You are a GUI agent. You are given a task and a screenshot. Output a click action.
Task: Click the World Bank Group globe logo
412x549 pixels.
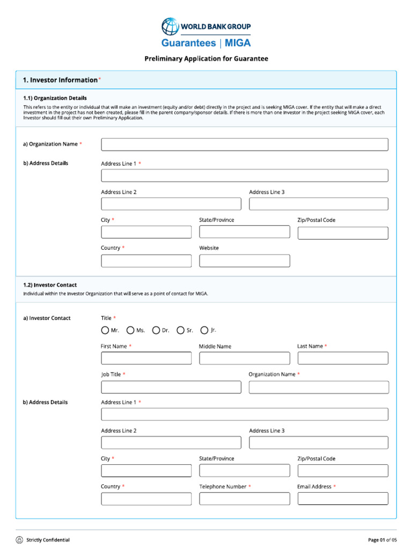point(171,26)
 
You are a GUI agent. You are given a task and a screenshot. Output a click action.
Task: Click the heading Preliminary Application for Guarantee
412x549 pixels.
point(206,58)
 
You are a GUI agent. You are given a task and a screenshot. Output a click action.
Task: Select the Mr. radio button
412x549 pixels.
point(105,330)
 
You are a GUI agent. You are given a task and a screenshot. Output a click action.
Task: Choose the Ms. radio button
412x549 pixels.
point(130,330)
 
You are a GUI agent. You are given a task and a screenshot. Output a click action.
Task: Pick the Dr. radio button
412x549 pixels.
point(156,330)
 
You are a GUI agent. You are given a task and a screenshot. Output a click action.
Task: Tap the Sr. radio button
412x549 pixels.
point(181,330)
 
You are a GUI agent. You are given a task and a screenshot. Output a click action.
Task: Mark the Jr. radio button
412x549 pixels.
point(204,330)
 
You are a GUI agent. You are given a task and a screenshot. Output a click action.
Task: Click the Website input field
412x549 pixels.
point(244,261)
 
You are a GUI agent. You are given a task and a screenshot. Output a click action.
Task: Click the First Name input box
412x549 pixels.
point(146,358)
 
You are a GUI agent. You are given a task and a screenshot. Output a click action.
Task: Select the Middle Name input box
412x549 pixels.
point(244,358)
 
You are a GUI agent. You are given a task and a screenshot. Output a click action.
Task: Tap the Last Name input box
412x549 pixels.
point(342,358)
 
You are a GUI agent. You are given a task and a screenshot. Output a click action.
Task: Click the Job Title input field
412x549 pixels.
point(171,387)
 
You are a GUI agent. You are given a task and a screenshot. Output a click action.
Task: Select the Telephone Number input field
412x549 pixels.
point(244,499)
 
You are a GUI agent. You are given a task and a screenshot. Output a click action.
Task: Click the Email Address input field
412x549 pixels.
point(342,499)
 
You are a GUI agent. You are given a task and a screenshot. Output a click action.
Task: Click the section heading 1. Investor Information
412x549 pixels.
point(60,80)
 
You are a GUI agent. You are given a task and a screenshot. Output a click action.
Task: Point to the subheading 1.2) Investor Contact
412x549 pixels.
point(50,285)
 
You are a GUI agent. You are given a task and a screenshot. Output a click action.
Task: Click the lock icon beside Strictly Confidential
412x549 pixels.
point(19,539)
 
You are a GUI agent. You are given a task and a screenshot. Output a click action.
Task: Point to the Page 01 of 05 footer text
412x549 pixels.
point(382,539)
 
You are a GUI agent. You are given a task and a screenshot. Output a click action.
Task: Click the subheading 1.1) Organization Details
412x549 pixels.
point(55,98)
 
